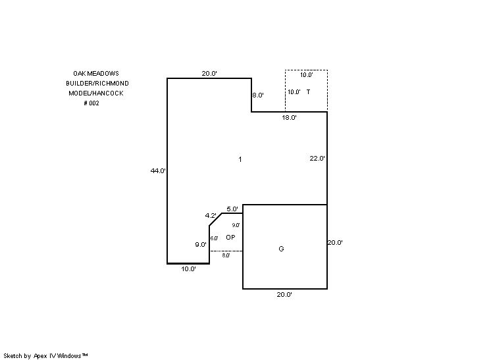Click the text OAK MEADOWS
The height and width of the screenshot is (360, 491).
[x=96, y=74]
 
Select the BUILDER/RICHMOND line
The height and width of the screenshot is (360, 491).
[x=97, y=84]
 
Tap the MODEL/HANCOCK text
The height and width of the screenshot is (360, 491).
[x=96, y=93]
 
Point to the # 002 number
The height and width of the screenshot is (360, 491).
[x=91, y=103]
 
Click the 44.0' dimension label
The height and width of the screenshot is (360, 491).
[x=158, y=171]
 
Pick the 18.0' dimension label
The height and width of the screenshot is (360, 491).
[x=289, y=118]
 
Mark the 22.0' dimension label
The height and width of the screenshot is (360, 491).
[x=318, y=159]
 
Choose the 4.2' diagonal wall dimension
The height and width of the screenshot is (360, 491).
[x=211, y=216]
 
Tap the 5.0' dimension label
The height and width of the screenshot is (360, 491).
[x=232, y=209]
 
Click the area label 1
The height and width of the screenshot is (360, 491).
[x=240, y=159]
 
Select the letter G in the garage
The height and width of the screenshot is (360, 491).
[x=282, y=249]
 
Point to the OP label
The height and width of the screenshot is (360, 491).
[x=230, y=237]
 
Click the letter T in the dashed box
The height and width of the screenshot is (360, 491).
[x=308, y=92]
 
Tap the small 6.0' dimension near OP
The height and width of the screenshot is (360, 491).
[x=215, y=238]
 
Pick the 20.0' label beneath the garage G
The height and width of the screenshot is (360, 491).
[x=284, y=296]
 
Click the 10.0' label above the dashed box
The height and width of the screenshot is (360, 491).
[x=306, y=75]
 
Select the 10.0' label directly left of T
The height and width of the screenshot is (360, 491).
[x=294, y=92]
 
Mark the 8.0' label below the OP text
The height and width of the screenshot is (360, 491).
[x=226, y=255]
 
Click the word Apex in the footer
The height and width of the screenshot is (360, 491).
[x=41, y=355]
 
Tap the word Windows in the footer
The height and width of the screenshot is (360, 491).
[x=69, y=355]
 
